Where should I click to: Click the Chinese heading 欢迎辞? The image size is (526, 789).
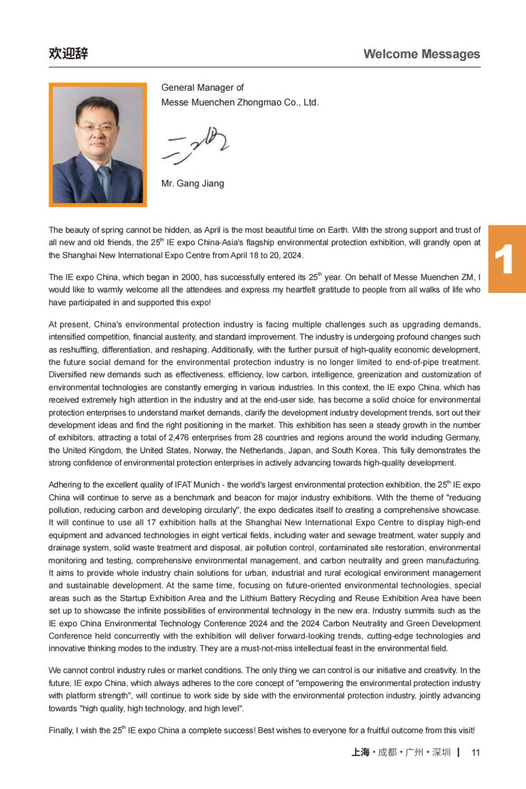point(68,53)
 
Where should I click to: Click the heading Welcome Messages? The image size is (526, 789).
point(421,54)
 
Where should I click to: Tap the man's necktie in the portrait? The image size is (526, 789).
point(105,181)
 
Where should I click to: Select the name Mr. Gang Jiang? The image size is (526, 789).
point(192,183)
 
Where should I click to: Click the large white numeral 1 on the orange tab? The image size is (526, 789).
point(504,259)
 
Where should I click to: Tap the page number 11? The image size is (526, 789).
point(475,752)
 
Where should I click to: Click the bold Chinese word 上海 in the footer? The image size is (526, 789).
point(360,752)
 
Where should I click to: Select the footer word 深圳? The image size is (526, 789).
point(441,752)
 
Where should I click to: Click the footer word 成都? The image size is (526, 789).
point(387,752)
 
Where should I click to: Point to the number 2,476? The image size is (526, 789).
point(178,437)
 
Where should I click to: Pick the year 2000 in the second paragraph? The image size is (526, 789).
point(190,277)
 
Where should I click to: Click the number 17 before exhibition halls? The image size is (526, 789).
point(151,522)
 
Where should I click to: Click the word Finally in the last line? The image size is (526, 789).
point(61,730)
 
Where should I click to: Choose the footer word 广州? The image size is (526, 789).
point(414,752)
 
